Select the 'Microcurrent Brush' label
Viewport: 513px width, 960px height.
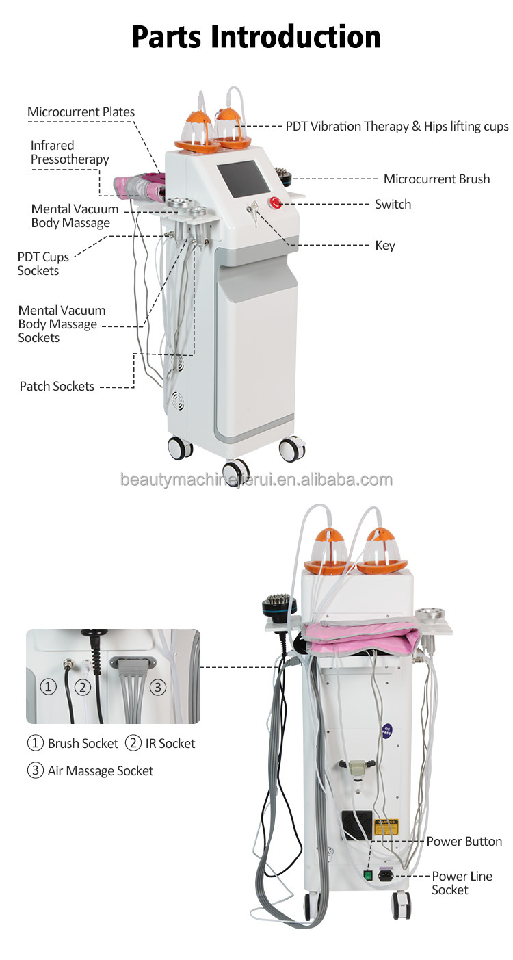coord(436,179)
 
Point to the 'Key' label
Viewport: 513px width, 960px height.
coord(385,245)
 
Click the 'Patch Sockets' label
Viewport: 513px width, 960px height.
coord(57,387)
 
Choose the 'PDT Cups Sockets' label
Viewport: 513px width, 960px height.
coord(38,263)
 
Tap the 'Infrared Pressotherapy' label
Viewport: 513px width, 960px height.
coord(69,153)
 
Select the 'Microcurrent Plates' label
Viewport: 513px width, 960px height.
coord(81,112)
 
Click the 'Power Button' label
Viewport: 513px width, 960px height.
coord(464,842)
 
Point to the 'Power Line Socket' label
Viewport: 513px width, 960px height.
coord(452,883)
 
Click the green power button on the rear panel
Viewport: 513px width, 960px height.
coord(367,874)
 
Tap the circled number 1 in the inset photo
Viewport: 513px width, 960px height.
coord(48,686)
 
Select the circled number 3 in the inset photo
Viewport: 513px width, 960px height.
coord(158,686)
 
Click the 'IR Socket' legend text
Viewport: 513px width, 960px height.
coord(170,743)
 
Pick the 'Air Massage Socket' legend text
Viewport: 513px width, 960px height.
coord(100,770)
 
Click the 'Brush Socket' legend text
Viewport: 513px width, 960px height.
coord(82,743)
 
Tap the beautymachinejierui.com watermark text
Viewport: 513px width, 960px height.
coord(256,479)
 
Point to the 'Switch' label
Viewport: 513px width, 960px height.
coord(393,204)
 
